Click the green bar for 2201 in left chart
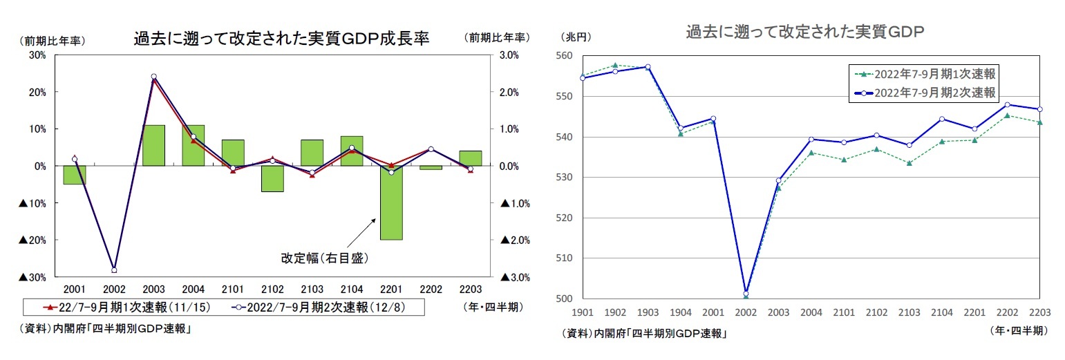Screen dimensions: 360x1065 392,202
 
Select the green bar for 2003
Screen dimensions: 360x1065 153,145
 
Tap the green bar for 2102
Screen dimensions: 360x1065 272,178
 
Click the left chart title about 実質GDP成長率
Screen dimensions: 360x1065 281,39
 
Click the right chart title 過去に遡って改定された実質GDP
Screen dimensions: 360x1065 805,32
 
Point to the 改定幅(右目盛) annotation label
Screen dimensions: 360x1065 323,258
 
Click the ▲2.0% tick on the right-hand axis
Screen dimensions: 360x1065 514,240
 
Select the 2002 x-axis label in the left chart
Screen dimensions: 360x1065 113,288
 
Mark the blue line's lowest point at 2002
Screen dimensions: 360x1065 746,293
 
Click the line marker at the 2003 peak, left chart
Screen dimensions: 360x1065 153,77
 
